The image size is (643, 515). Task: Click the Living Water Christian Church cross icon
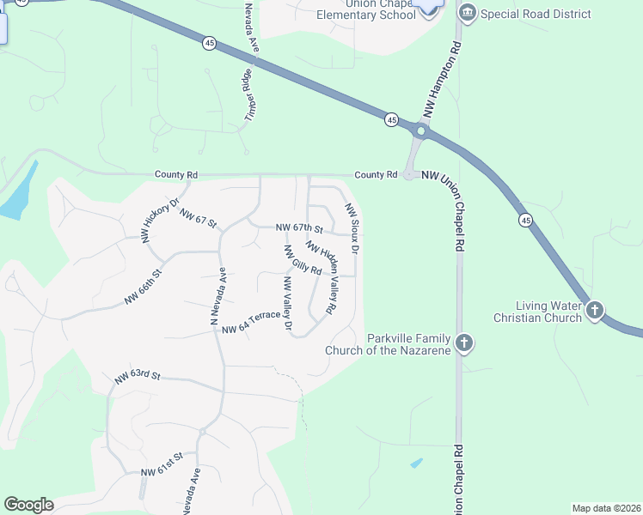594,310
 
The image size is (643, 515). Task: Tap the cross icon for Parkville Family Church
463,343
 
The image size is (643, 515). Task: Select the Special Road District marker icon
468,13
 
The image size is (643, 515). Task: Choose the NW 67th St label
298,228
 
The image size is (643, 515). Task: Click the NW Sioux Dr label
352,227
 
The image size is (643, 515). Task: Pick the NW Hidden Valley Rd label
319,276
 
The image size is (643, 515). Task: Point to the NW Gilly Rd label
302,260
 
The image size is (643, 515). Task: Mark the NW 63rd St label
138,376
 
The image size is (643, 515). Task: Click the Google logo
28,505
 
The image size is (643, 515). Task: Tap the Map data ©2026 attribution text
605,508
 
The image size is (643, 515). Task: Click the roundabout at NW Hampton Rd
420,132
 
